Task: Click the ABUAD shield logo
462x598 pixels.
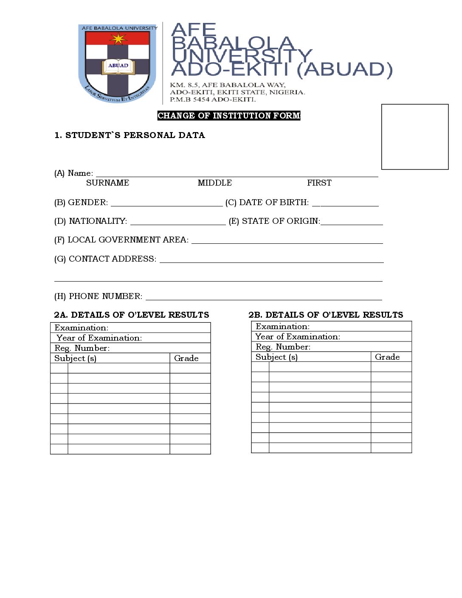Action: pyautogui.click(x=118, y=63)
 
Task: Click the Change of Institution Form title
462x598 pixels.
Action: pyautogui.click(x=229, y=116)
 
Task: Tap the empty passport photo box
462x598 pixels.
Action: pyautogui.click(x=415, y=137)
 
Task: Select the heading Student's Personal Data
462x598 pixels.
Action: pyautogui.click(x=130, y=135)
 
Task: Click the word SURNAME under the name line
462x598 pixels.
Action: pyautogui.click(x=107, y=183)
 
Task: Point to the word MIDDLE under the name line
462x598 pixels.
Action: pyautogui.click(x=215, y=183)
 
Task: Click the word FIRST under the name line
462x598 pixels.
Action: pyautogui.click(x=319, y=183)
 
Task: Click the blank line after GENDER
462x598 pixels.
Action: pyautogui.click(x=166, y=204)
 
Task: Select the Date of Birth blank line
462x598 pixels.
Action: pyautogui.click(x=345, y=204)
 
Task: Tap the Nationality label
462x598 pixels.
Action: pyautogui.click(x=90, y=221)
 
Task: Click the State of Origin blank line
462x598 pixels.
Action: pyautogui.click(x=352, y=223)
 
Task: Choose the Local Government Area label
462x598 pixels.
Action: pyautogui.click(x=121, y=240)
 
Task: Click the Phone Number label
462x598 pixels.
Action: pyautogui.click(x=98, y=296)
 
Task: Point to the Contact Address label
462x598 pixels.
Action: pyautogui.click(x=105, y=259)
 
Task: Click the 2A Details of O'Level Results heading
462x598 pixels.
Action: pyautogui.click(x=132, y=315)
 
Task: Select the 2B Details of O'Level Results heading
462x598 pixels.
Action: pyautogui.click(x=326, y=315)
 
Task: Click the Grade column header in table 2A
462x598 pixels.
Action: pyautogui.click(x=186, y=358)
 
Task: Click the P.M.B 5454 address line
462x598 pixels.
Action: pyautogui.click(x=213, y=99)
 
